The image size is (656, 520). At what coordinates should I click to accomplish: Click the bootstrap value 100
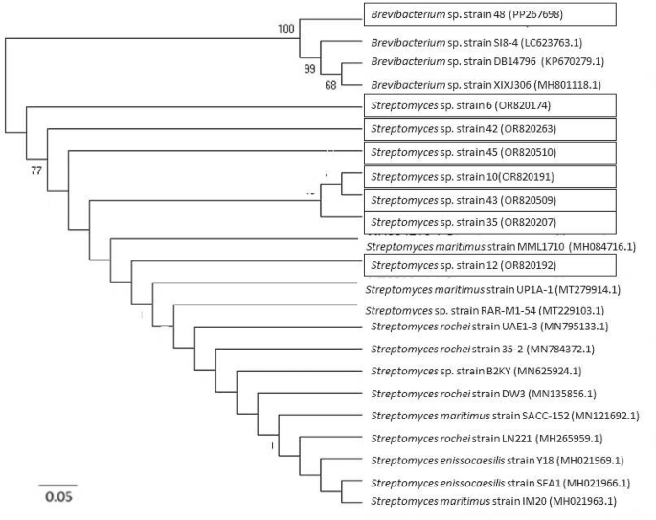(286, 29)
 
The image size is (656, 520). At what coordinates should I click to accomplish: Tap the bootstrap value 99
(309, 69)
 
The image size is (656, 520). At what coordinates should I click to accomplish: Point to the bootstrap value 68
(330, 86)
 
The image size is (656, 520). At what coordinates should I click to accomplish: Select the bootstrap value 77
(37, 170)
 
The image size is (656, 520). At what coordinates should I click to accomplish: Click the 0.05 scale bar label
(58, 497)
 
